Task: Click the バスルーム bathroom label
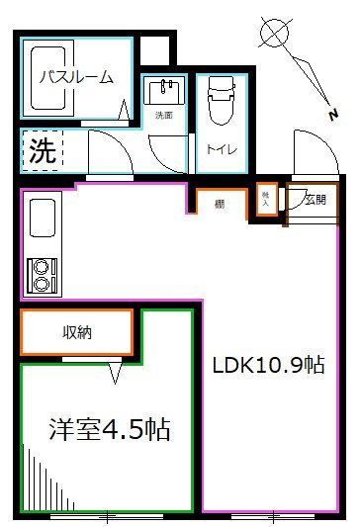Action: (76, 76)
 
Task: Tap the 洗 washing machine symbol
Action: (40, 153)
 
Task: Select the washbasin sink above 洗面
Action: (163, 92)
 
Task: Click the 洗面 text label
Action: (163, 117)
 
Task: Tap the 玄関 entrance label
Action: (315, 201)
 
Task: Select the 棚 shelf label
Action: (217, 205)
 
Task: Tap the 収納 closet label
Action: (77, 333)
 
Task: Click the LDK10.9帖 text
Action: (269, 365)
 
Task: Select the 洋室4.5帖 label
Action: (109, 429)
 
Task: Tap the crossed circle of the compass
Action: (273, 33)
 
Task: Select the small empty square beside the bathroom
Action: (154, 50)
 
